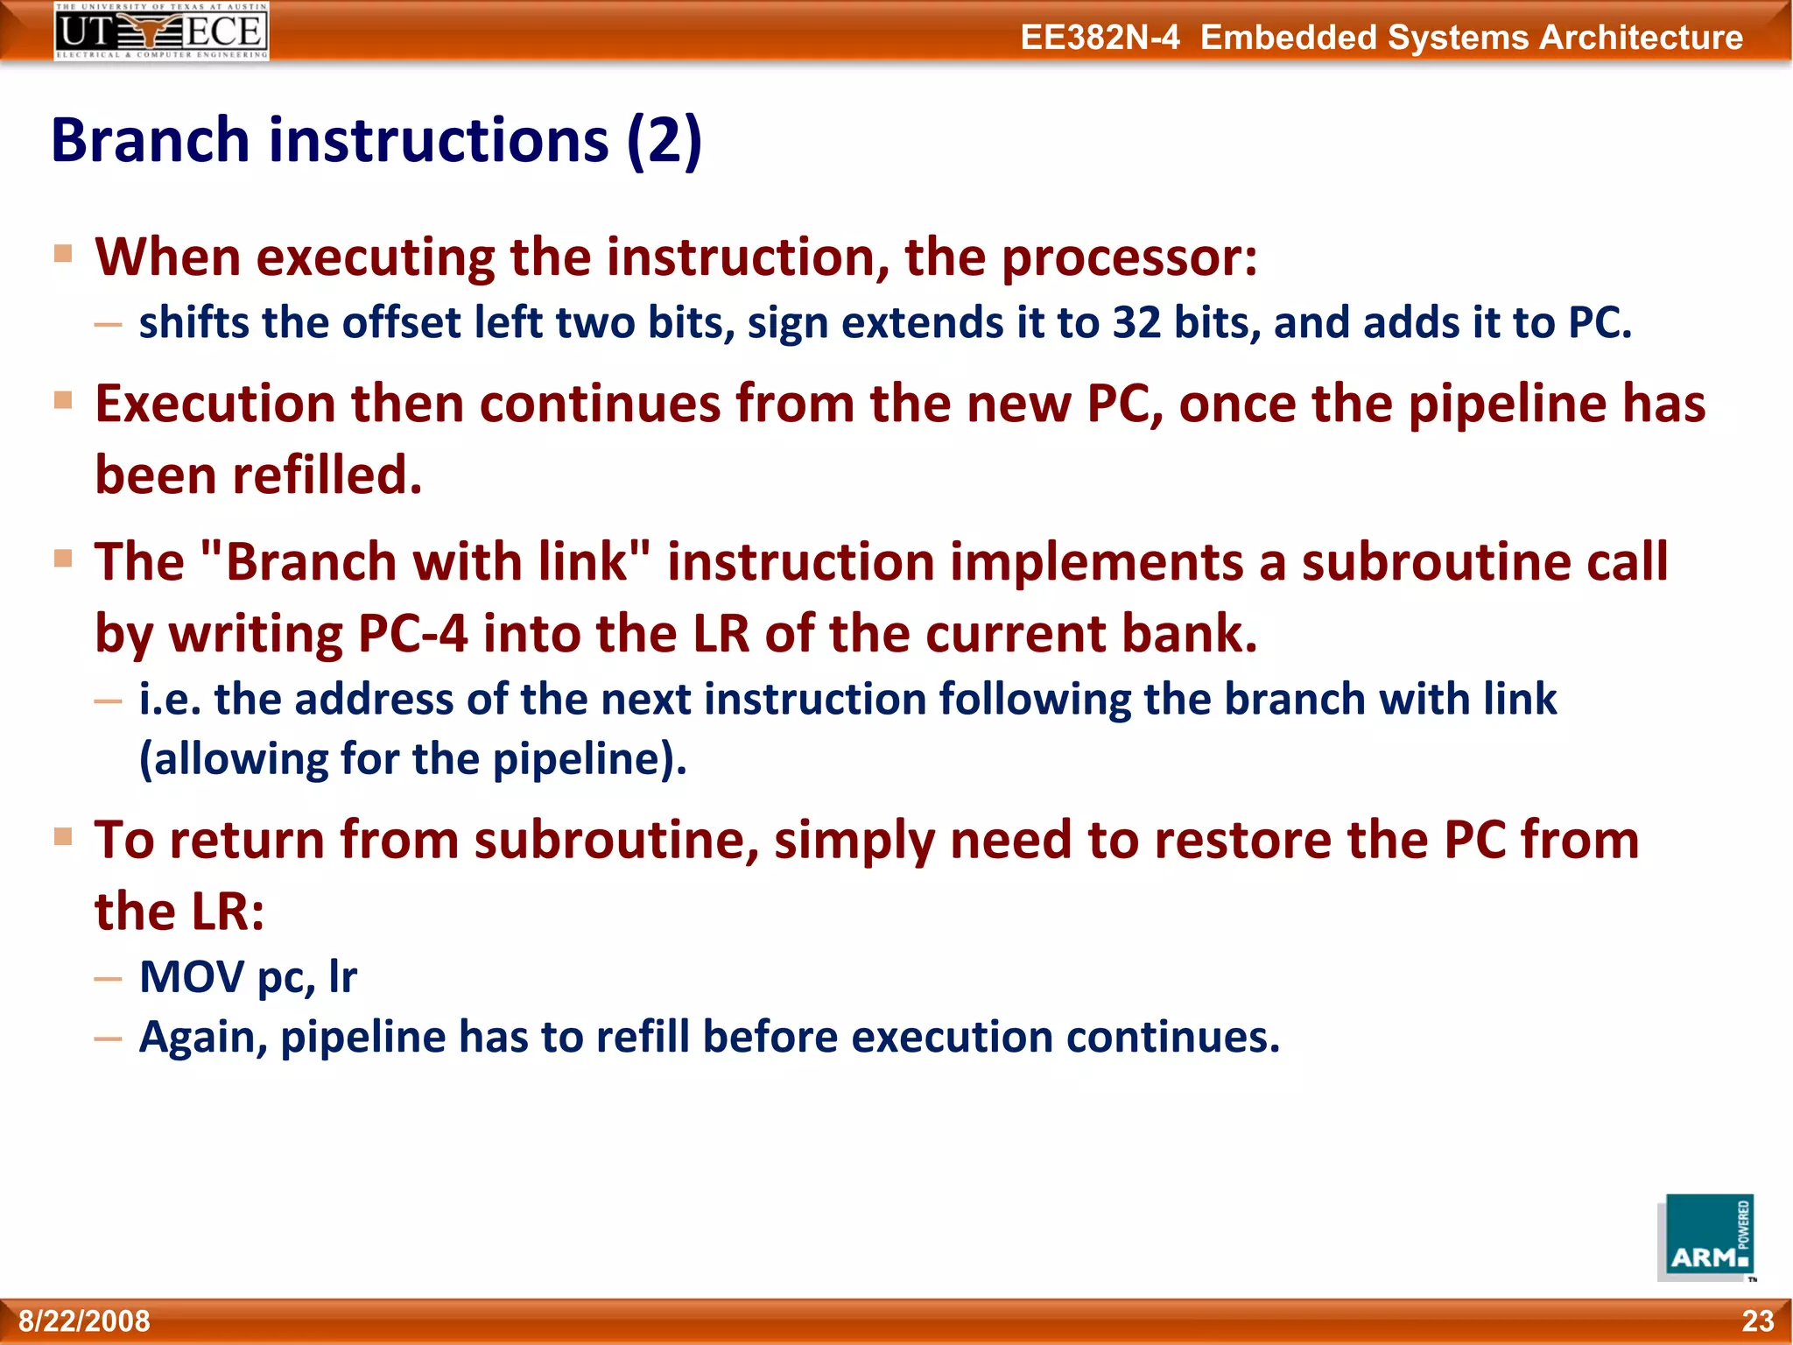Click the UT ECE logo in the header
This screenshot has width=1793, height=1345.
pos(161,31)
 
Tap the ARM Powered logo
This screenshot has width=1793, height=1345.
pos(1705,1238)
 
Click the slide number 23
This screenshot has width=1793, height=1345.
pos(1757,1320)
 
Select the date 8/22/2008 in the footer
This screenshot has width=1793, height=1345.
pos(85,1320)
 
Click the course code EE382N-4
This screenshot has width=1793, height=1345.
pos(1100,38)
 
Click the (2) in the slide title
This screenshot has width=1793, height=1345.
pos(664,140)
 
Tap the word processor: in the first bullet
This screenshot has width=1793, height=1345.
pos(1129,258)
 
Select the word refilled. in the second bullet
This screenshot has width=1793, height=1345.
pos(327,475)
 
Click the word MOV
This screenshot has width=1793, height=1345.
pos(192,976)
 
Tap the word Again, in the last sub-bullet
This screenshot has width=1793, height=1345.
pos(203,1038)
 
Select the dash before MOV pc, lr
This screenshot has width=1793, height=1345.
pos(109,978)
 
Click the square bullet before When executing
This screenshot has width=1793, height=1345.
pos(63,254)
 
